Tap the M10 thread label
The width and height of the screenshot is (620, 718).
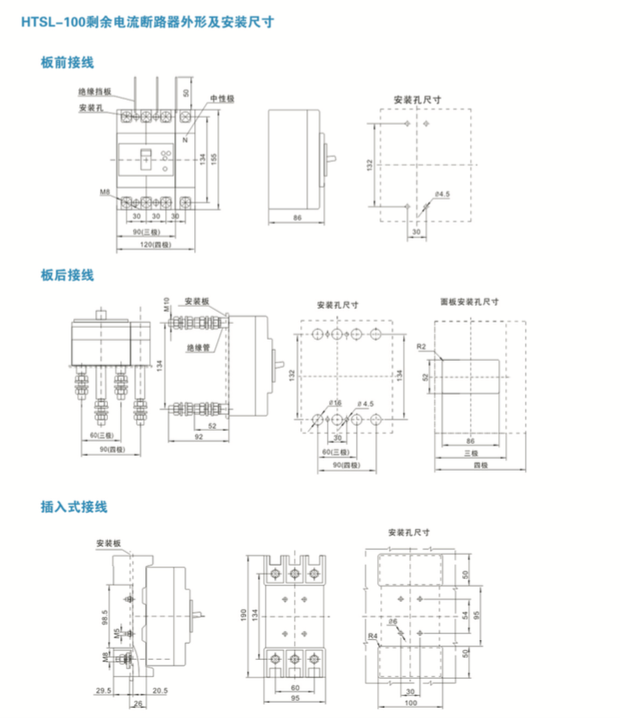pyautogui.click(x=167, y=305)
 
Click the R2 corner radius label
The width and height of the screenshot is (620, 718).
pyautogui.click(x=420, y=346)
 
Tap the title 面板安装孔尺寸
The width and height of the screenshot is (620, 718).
pyautogui.click(x=469, y=301)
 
